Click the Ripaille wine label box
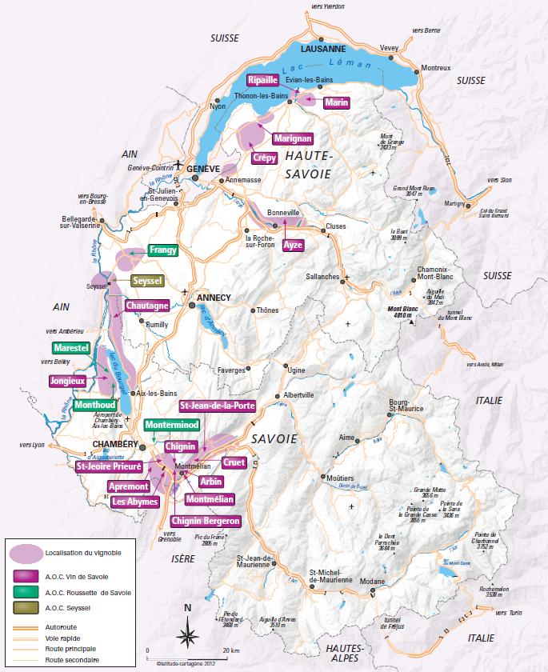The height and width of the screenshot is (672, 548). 262,80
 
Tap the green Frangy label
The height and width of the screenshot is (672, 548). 162,250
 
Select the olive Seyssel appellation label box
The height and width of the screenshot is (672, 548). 147,281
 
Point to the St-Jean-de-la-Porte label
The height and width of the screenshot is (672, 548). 218,406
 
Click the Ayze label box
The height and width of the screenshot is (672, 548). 293,245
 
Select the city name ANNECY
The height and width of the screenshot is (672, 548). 213,298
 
